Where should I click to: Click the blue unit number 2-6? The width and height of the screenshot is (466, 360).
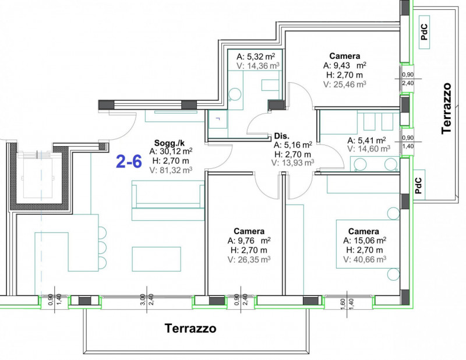coord(129,162)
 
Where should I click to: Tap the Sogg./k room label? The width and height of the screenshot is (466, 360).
coord(169,143)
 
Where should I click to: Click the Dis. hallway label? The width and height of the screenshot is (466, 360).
coord(282,136)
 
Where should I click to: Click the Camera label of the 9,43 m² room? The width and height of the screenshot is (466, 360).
coord(345,56)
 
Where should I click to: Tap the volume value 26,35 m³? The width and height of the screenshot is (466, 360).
coord(254,260)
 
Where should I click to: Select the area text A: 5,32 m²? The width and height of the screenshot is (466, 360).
coord(256,57)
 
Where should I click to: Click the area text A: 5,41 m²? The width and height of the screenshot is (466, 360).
coord(367,140)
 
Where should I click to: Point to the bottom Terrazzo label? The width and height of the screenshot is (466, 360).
coord(190,329)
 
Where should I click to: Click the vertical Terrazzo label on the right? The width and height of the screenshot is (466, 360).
coord(446,108)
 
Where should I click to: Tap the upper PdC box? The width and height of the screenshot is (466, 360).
coord(425,32)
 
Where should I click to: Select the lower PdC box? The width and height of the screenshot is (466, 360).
coord(419,185)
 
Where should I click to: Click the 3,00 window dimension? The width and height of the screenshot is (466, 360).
coord(143,299)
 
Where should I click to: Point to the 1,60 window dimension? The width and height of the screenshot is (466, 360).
coord(343,304)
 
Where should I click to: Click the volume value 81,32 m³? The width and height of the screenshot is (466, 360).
coord(176,170)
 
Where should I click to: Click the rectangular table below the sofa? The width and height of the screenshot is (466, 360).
coord(157,259)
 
